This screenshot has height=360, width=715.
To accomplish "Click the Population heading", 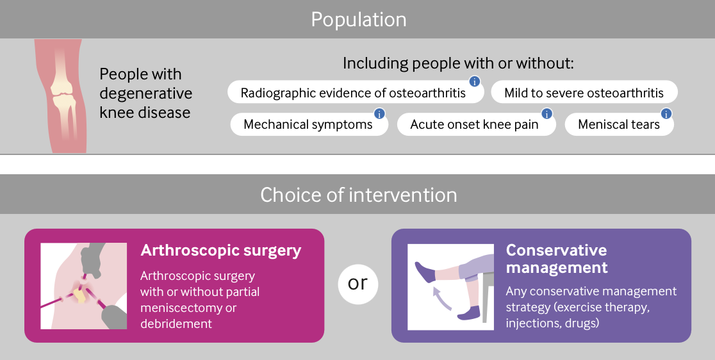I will pyautogui.click(x=358, y=19).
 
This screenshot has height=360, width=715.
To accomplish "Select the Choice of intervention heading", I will pyautogui.click(x=358, y=195).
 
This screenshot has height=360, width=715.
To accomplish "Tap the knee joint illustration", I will pyautogui.click(x=63, y=95).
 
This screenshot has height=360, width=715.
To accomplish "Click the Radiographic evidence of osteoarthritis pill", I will pyautogui.click(x=353, y=93).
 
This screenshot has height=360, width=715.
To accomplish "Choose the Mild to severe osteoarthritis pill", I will pyautogui.click(x=584, y=93).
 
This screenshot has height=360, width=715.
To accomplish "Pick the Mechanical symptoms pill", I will pyautogui.click(x=308, y=124).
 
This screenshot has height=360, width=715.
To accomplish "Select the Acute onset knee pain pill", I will pyautogui.click(x=474, y=124).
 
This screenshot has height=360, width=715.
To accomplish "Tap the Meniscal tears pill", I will pyautogui.click(x=618, y=124).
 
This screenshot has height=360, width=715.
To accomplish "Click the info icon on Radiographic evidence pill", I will pyautogui.click(x=475, y=81).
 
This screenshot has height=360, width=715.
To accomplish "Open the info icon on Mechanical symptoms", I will pyautogui.click(x=379, y=113).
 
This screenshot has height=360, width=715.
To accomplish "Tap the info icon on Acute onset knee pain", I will pyautogui.click(x=547, y=113).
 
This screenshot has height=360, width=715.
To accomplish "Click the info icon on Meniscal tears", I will pyautogui.click(x=666, y=113).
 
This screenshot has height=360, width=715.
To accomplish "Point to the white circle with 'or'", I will pyautogui.click(x=357, y=282).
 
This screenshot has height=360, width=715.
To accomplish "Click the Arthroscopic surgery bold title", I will pyautogui.click(x=220, y=250).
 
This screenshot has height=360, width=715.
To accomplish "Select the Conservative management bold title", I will pyautogui.click(x=556, y=258).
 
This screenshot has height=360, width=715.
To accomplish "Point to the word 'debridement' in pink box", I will pyautogui.click(x=176, y=323).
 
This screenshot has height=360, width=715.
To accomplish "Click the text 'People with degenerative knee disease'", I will pyautogui.click(x=145, y=94).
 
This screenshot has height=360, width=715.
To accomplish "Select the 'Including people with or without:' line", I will pyautogui.click(x=457, y=63).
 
